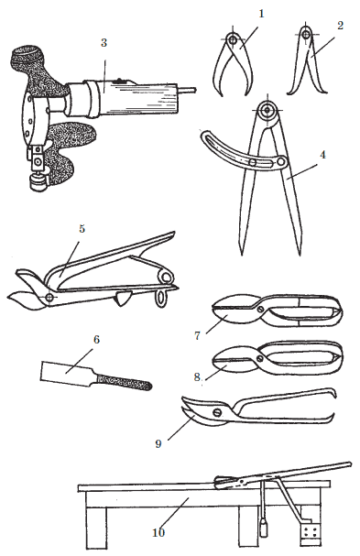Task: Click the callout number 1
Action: coord(262,14)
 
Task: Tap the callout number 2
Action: coord(341,26)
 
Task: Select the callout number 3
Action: coord(104,42)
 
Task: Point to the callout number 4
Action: coord(322,155)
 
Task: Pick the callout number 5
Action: coord(82,229)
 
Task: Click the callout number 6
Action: coord(96,339)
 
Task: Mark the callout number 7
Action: coord(198,335)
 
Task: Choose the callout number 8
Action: coord(197,376)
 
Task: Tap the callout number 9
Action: coord(158,443)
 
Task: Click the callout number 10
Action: coord(158,532)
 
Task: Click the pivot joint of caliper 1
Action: coord(233,39)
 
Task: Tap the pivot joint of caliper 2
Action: coord(305,35)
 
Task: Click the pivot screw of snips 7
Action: coord(261,308)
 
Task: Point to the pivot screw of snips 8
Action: coord(261,358)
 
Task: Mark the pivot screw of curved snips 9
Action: coord(217,412)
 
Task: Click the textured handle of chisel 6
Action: coord(124,382)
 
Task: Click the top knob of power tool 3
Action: coord(27,55)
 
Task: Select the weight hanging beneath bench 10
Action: coord(264,527)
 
